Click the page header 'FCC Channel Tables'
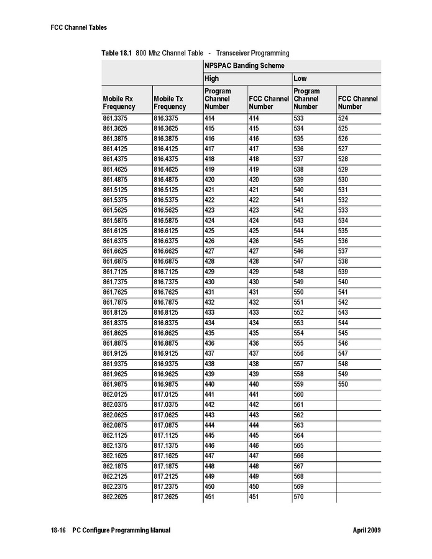(x=78, y=27)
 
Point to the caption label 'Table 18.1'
(x=116, y=53)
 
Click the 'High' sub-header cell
(x=212, y=79)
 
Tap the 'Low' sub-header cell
(x=300, y=79)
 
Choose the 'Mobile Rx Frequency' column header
(x=119, y=103)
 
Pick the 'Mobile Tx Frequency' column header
(x=170, y=103)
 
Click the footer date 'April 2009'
(x=366, y=530)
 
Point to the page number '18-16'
(x=58, y=530)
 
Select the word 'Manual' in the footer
(x=158, y=530)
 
